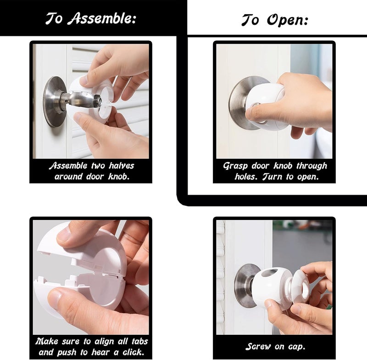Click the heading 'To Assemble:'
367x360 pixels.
[x=91, y=18]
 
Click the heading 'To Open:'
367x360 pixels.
[x=274, y=20]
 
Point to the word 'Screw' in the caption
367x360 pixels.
[x=260, y=347]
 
